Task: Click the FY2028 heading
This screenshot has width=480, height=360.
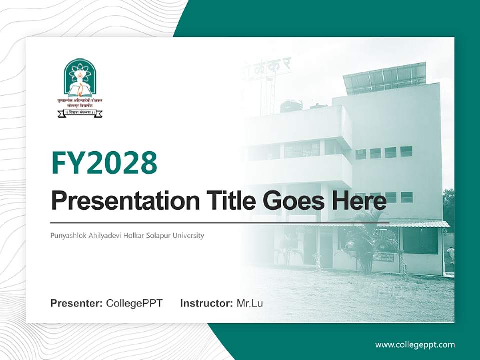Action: [x=104, y=163]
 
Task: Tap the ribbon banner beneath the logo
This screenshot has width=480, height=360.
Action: [x=80, y=113]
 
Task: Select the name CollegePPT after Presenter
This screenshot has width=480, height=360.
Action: [x=134, y=303]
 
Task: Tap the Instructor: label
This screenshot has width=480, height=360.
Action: [x=206, y=303]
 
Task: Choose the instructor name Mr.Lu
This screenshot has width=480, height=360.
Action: [x=250, y=303]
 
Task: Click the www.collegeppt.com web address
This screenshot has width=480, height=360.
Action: [x=415, y=344]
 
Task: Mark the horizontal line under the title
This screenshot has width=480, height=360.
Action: [x=220, y=222]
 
